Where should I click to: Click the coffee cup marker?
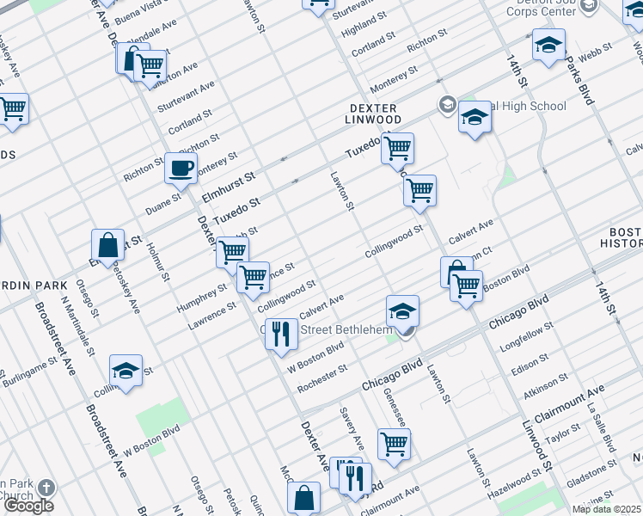[x=181, y=169]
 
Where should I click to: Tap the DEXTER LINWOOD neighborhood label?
[x=376, y=114]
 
